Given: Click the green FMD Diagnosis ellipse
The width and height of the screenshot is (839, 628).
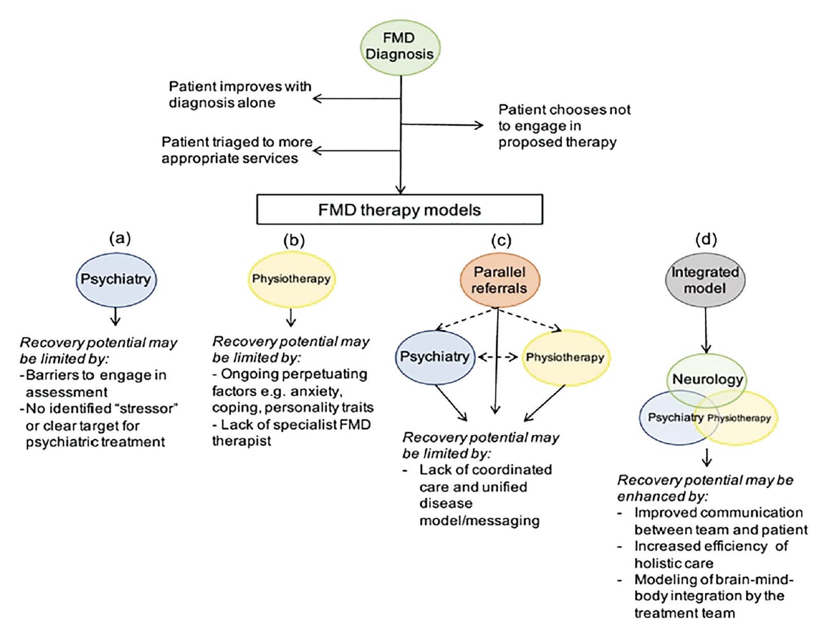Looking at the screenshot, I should click(x=400, y=47).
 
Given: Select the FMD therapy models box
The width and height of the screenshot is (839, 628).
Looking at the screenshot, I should click(x=399, y=210).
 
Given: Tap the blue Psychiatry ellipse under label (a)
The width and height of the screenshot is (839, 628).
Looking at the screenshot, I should click(x=115, y=279).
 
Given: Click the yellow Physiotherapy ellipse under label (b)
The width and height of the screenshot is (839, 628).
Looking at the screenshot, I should click(x=291, y=279).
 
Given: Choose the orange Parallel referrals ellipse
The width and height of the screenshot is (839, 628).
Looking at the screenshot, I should click(x=499, y=281).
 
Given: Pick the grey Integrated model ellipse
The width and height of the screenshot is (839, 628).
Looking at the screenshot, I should click(x=704, y=280).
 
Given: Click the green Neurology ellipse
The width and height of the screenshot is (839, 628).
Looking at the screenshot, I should click(x=707, y=379).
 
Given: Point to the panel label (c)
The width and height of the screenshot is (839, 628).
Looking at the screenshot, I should click(x=501, y=240).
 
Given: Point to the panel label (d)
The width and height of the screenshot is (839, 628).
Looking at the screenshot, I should click(x=706, y=239).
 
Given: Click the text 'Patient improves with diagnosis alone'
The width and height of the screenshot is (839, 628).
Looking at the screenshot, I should click(x=239, y=94).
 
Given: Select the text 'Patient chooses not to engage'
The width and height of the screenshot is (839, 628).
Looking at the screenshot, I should click(x=564, y=126).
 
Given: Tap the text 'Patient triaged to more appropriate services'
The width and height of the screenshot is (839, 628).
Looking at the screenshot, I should click(x=236, y=150).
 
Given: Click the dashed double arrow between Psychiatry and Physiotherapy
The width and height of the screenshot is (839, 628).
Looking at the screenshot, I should click(x=498, y=357).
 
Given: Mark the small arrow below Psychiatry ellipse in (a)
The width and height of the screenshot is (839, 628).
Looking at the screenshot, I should click(x=115, y=317).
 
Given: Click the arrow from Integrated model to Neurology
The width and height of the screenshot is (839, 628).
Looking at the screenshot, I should click(x=706, y=330).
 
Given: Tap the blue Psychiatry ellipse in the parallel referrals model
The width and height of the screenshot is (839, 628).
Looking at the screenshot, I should click(x=434, y=357).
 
